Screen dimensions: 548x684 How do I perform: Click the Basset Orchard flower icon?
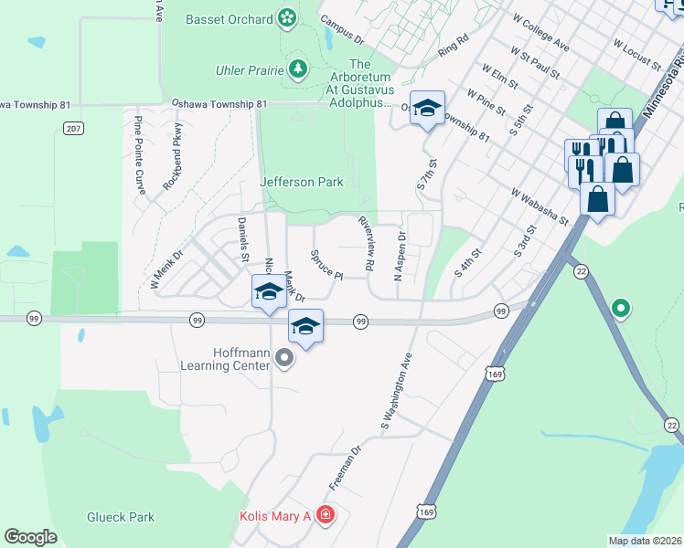(x=287, y=17)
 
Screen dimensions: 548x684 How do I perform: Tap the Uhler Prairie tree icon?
(x=297, y=69)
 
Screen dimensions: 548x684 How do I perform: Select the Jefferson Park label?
(x=302, y=182)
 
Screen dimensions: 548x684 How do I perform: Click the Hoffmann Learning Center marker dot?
(x=284, y=358)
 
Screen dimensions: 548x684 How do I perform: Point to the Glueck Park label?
(x=121, y=517)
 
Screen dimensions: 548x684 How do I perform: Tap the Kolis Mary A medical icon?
(x=325, y=517)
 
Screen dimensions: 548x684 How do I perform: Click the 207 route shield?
(x=74, y=129)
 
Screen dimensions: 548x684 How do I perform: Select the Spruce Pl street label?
(x=326, y=265)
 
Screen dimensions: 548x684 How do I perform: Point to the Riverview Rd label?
(x=367, y=243)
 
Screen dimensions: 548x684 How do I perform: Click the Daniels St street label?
(x=243, y=239)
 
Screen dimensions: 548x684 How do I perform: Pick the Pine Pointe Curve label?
(x=140, y=155)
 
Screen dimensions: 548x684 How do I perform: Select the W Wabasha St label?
(x=540, y=207)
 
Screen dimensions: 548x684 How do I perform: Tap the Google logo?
(x=30, y=537)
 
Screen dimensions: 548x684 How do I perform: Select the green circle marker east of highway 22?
(x=622, y=309)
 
